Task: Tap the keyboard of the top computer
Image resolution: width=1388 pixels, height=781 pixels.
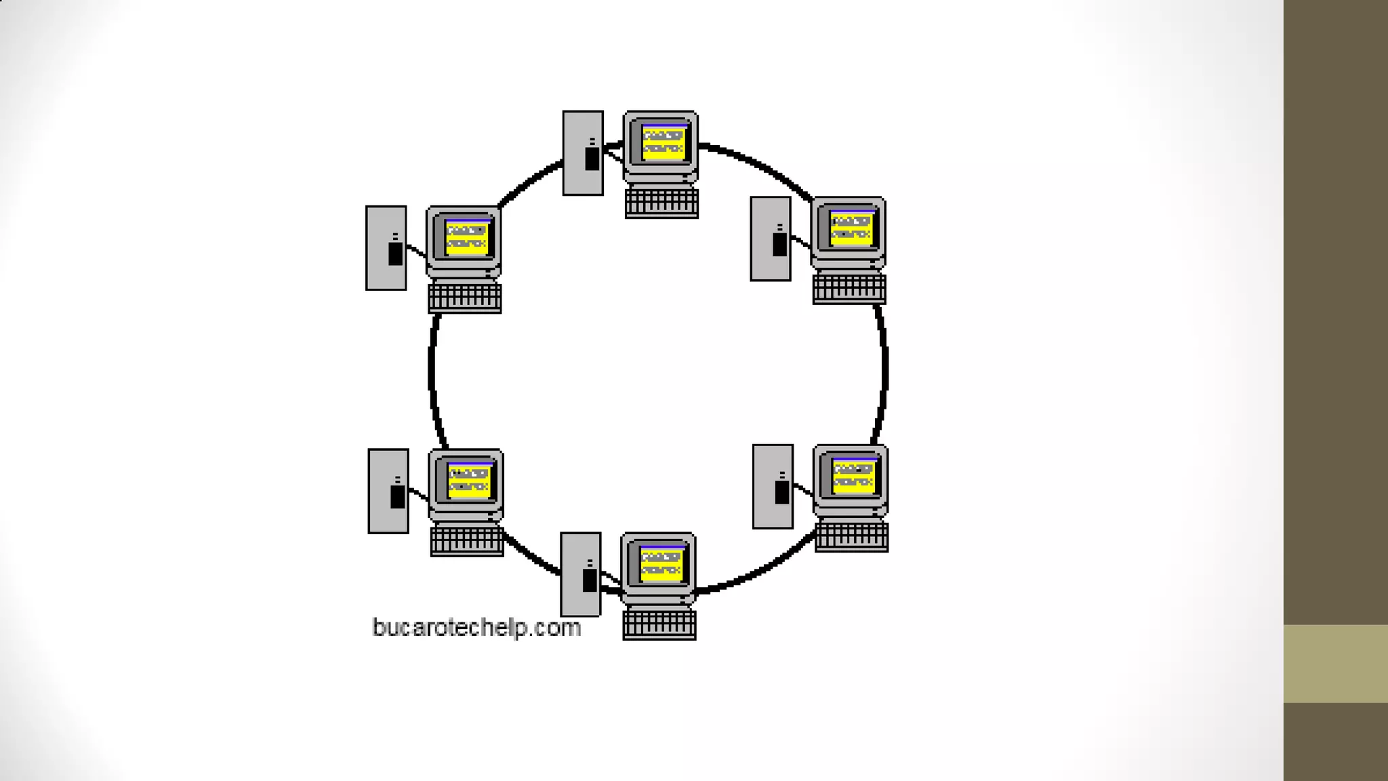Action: [661, 203]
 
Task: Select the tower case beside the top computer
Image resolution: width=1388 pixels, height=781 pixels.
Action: [582, 153]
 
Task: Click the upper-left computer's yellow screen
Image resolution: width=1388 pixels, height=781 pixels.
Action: [467, 237]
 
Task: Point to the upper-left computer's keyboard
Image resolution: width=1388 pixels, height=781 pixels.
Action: [465, 298]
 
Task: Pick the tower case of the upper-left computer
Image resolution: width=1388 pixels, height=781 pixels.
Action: [386, 248]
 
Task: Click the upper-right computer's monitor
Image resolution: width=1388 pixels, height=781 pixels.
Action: [849, 230]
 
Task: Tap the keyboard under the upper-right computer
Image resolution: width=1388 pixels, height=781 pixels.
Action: [849, 289]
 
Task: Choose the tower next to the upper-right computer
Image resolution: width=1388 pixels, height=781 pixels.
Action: [771, 239]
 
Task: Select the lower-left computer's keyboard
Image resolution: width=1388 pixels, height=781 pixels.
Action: [467, 541]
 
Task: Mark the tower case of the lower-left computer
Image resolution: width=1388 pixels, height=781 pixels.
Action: [388, 491]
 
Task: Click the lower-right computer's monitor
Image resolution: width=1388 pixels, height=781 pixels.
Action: [851, 477]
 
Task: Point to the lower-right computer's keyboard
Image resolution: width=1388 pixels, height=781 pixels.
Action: [851, 537]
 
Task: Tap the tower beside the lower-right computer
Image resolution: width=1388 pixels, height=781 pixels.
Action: [773, 486]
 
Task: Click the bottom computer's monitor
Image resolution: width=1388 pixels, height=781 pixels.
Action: [659, 565]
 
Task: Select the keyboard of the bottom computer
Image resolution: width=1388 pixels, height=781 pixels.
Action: [659, 624]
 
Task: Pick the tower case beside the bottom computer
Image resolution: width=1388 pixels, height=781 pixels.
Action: [580, 574]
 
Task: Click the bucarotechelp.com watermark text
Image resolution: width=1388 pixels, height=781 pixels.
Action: [476, 628]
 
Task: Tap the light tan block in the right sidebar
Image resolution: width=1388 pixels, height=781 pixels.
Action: [1335, 664]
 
